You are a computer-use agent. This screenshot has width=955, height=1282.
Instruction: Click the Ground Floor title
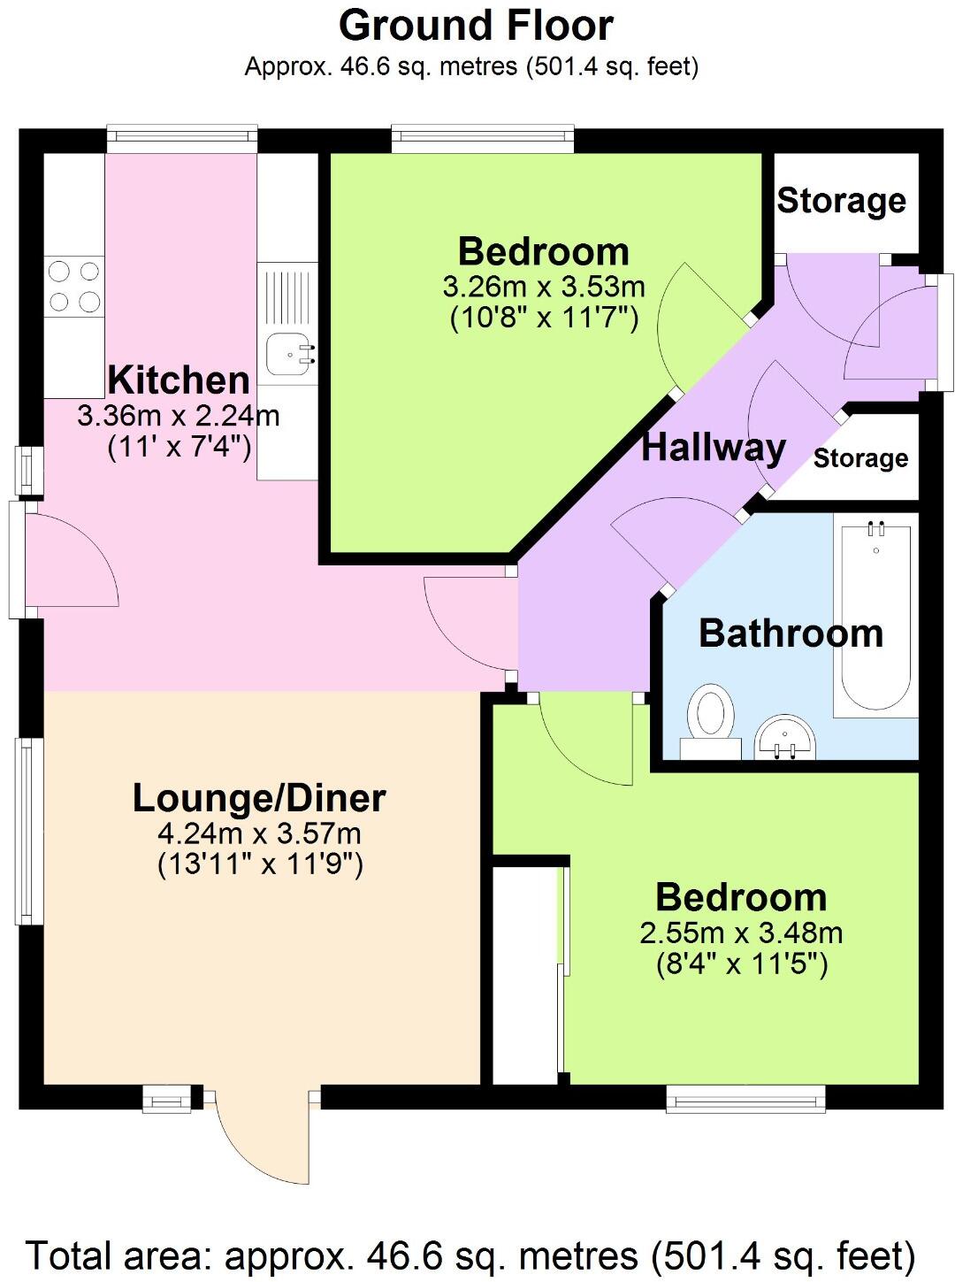pos(476,26)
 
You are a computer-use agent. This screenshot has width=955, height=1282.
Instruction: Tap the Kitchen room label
pos(179,380)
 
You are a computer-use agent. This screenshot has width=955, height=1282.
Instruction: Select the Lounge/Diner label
pos(259,798)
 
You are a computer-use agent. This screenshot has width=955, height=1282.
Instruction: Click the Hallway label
pos(713,448)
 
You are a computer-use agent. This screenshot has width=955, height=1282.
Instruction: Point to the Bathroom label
pos(791,633)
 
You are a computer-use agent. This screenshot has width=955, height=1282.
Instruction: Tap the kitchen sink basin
pos(288,351)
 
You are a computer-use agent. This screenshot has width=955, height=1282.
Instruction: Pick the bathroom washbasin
pos(784,736)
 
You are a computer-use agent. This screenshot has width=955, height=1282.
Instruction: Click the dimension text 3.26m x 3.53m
pos(543,288)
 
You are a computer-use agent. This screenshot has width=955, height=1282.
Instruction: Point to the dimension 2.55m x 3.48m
pos(741,933)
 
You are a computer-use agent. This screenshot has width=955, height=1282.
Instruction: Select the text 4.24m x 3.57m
pos(259,833)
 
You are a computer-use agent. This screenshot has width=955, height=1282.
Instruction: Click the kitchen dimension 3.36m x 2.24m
pos(179,415)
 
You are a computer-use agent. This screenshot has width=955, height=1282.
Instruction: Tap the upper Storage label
pos(841,201)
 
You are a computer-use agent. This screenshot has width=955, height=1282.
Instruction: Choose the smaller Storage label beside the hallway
pos(860,458)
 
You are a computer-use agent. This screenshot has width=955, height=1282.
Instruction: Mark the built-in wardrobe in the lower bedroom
pos(525,973)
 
